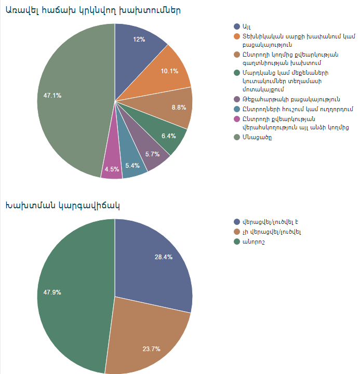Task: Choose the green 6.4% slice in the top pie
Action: coord(169,136)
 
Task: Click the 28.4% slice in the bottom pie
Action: coord(156,260)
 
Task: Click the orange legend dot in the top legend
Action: coord(237,36)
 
